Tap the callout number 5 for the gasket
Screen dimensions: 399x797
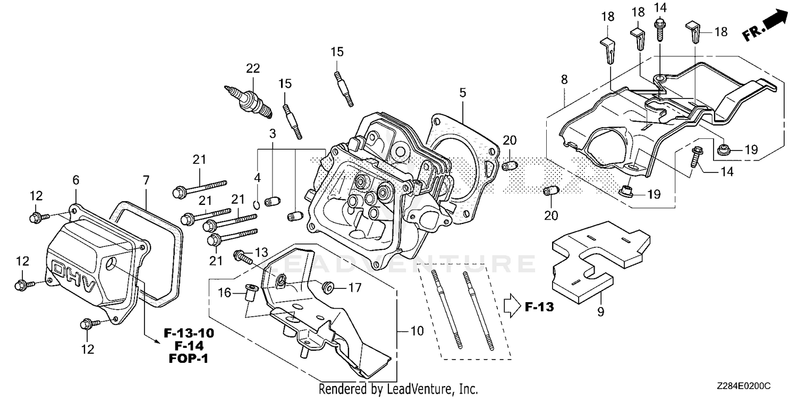(463, 93)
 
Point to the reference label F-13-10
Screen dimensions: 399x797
(189, 334)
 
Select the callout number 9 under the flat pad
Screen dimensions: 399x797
(600, 312)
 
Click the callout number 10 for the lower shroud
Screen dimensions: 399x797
(417, 331)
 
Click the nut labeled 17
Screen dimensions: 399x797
(328, 288)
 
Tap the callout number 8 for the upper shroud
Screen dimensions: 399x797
(564, 79)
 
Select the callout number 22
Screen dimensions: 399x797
(253, 68)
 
